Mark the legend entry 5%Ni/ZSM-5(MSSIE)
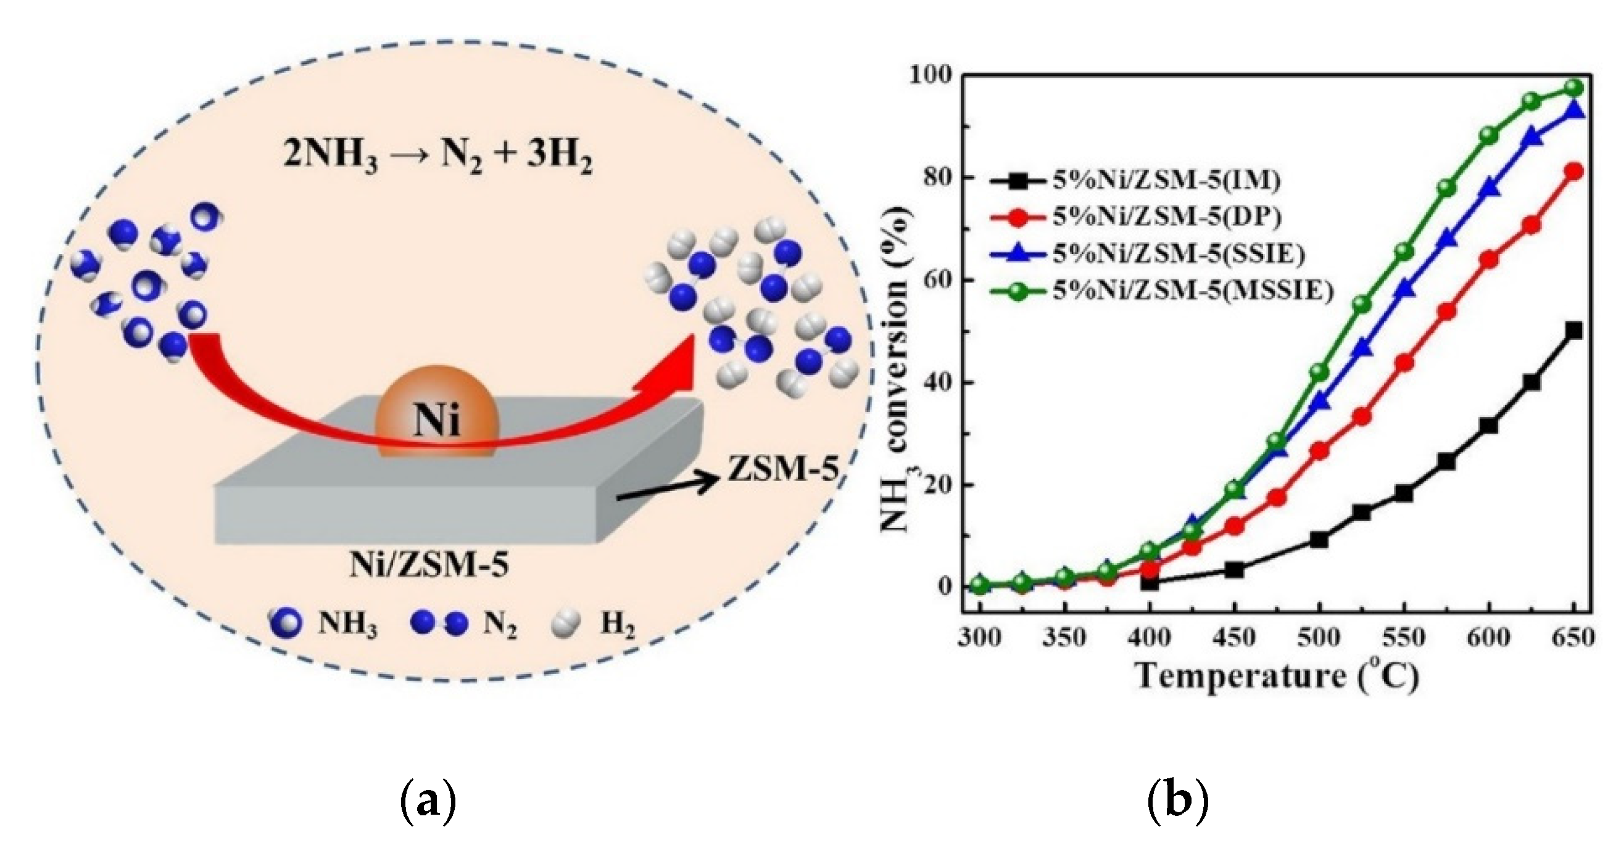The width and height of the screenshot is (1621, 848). click(x=1193, y=290)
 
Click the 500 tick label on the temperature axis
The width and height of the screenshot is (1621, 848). click(x=1318, y=637)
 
